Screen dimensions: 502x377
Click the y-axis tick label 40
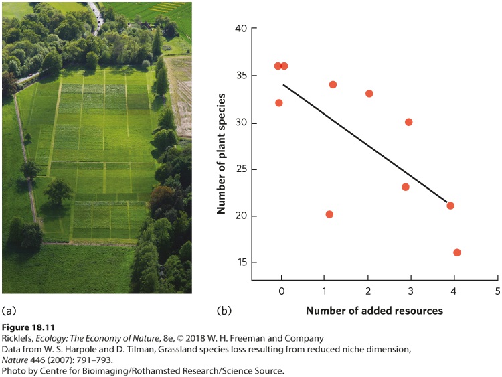pos(241,29)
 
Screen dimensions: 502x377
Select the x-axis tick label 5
pos(497,291)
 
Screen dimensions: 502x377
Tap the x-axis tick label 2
pos(368,291)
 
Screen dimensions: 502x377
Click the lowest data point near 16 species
pos(457,252)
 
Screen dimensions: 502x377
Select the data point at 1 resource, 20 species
pos(329,214)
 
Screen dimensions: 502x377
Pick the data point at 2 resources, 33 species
pos(369,94)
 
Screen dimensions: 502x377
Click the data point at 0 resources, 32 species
pos(279,103)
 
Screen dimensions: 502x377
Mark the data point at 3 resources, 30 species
pos(408,122)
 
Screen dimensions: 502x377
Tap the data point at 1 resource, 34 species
pos(333,84)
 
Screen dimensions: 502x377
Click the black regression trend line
pos(365,143)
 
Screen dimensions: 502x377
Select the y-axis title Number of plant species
pos(221,154)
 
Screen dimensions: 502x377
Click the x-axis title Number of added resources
pos(374,311)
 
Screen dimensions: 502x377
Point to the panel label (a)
pos(9,311)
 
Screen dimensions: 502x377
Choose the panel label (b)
pos(224,311)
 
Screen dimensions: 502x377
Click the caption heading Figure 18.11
pos(28,327)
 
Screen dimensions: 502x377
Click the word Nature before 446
pos(15,360)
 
